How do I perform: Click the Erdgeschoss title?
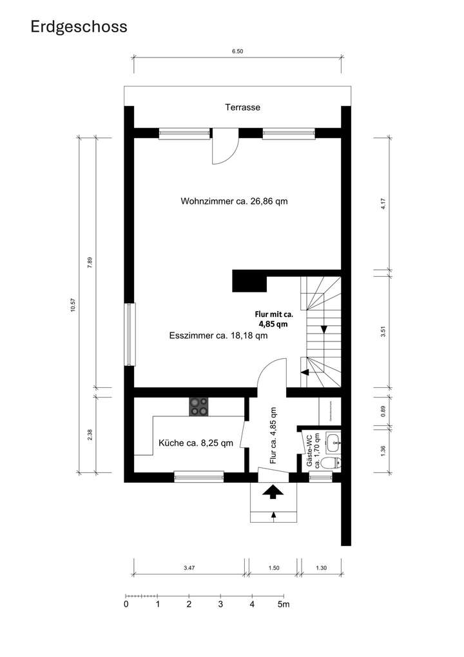pyautogui.click(x=79, y=26)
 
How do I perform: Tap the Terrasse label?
pyautogui.click(x=242, y=108)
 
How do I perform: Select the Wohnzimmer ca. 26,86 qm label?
pyautogui.click(x=234, y=201)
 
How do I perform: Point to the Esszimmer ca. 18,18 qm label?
pyautogui.click(x=218, y=336)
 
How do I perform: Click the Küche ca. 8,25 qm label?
pyautogui.click(x=196, y=443)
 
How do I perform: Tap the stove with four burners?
pyautogui.click(x=198, y=407)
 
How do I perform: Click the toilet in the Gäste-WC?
pyautogui.click(x=331, y=463)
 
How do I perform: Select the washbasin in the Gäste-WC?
pyautogui.click(x=333, y=443)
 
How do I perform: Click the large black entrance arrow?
pyautogui.click(x=273, y=492)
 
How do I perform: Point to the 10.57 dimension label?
pyautogui.click(x=73, y=305)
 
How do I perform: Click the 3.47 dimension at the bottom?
pyautogui.click(x=189, y=568)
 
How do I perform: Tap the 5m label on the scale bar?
pyautogui.click(x=284, y=605)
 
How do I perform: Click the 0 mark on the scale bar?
pyautogui.click(x=126, y=605)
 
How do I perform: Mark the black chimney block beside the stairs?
pyautogui.click(x=249, y=282)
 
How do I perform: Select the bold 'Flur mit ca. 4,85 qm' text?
pyautogui.click(x=274, y=319)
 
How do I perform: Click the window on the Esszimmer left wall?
pyautogui.click(x=130, y=334)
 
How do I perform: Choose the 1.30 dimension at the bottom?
pyautogui.click(x=321, y=568)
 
